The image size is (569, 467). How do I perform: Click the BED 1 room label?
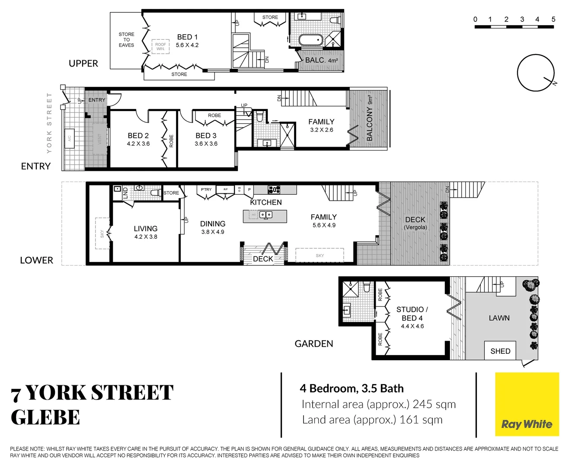tap(187, 37)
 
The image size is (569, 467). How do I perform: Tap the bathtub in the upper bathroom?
tap(310, 40)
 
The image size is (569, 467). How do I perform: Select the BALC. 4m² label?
tap(321, 61)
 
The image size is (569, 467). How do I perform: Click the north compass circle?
tap(536, 73)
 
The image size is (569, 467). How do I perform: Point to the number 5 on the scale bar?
tap(553, 19)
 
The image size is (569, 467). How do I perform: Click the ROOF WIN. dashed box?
tap(160, 46)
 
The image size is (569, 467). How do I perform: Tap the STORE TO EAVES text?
tap(126, 40)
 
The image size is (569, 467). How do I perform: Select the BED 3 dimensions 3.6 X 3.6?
tap(206, 144)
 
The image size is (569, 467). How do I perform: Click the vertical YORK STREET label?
tap(49, 123)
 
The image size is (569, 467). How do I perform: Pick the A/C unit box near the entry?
tap(69, 138)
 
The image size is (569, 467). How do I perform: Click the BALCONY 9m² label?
tap(370, 118)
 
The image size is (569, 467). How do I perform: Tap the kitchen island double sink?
tap(265, 215)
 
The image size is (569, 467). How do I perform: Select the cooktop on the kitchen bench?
tap(274, 189)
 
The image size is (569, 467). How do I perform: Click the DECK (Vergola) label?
tap(415, 223)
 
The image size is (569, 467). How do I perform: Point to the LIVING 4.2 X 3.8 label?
tap(146, 232)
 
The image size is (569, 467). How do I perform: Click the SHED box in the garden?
tap(500, 351)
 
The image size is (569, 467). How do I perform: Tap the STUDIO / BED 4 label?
tap(412, 313)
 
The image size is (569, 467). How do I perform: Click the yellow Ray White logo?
tap(527, 404)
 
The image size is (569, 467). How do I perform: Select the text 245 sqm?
tap(434, 404)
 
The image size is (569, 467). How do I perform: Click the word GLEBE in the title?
tap(45, 418)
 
